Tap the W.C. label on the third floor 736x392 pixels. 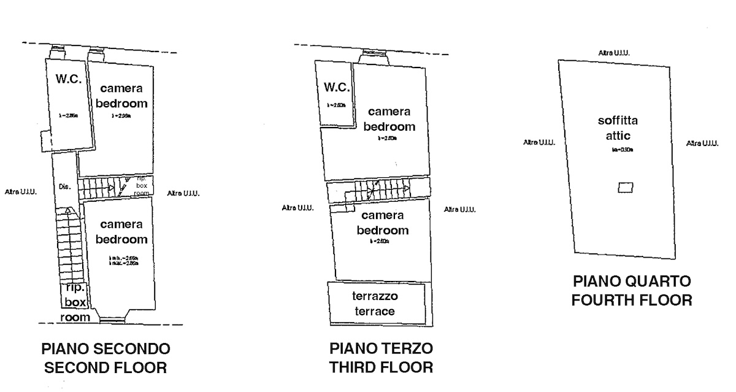pyautogui.click(x=337, y=87)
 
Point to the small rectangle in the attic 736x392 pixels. pyautogui.click(x=625, y=188)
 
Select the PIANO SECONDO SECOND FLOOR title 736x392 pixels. pyautogui.click(x=106, y=359)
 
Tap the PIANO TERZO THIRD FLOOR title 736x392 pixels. pyautogui.click(x=381, y=358)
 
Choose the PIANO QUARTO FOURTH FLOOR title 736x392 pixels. pyautogui.click(x=632, y=291)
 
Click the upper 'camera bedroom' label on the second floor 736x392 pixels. pyautogui.click(x=121, y=96)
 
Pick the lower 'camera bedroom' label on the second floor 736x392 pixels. pyautogui.click(x=121, y=231)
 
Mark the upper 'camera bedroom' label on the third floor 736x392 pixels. pyautogui.click(x=389, y=119)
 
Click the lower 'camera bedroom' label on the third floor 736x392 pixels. pyautogui.click(x=382, y=223)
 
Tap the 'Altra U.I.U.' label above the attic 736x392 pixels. pyautogui.click(x=614, y=53)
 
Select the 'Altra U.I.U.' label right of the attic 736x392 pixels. pyautogui.click(x=702, y=143)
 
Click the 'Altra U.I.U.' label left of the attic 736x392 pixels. pyautogui.click(x=539, y=142)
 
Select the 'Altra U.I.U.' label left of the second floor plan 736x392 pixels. pyautogui.click(x=21, y=192)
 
